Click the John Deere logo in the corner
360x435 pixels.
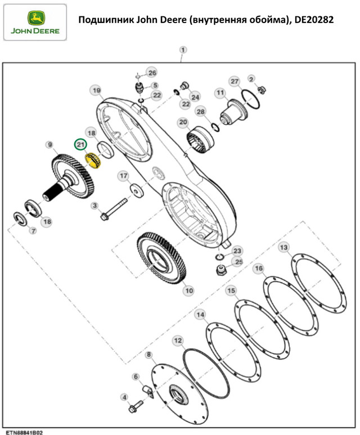pos(35,23)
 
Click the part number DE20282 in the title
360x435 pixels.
pos(314,20)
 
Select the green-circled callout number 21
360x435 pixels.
pos(80,145)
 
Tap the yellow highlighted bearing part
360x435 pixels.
pos(93,160)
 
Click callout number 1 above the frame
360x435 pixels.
pos(183,50)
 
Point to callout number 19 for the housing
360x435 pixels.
pos(96,91)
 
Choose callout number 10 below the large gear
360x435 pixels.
pos(189,290)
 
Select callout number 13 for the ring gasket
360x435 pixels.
pos(283,247)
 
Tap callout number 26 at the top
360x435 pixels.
pos(152,73)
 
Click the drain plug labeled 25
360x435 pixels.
pos(220,270)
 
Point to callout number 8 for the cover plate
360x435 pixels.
pos(149,355)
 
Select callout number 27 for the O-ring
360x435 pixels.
pos(235,81)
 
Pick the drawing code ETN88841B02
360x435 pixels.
pos(24,432)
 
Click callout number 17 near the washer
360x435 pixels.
pos(123,176)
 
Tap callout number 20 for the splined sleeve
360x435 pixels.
pos(183,122)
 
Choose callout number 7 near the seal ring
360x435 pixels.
pos(33,231)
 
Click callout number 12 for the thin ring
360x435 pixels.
pos(178,340)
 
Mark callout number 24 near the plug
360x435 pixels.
pos(195,97)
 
